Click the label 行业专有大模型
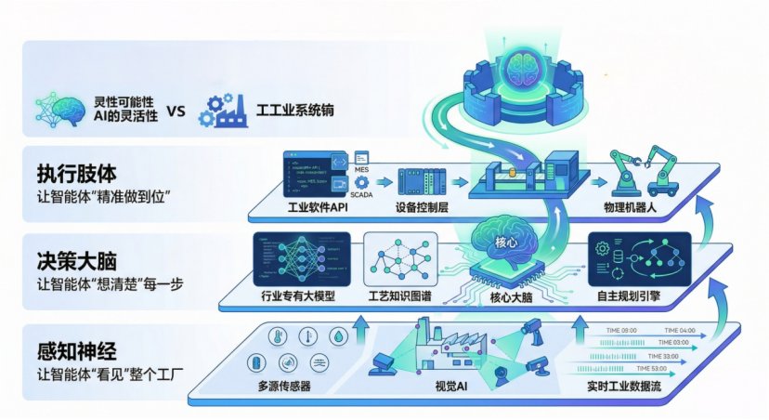click(298, 297)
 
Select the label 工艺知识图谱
click(405, 297)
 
